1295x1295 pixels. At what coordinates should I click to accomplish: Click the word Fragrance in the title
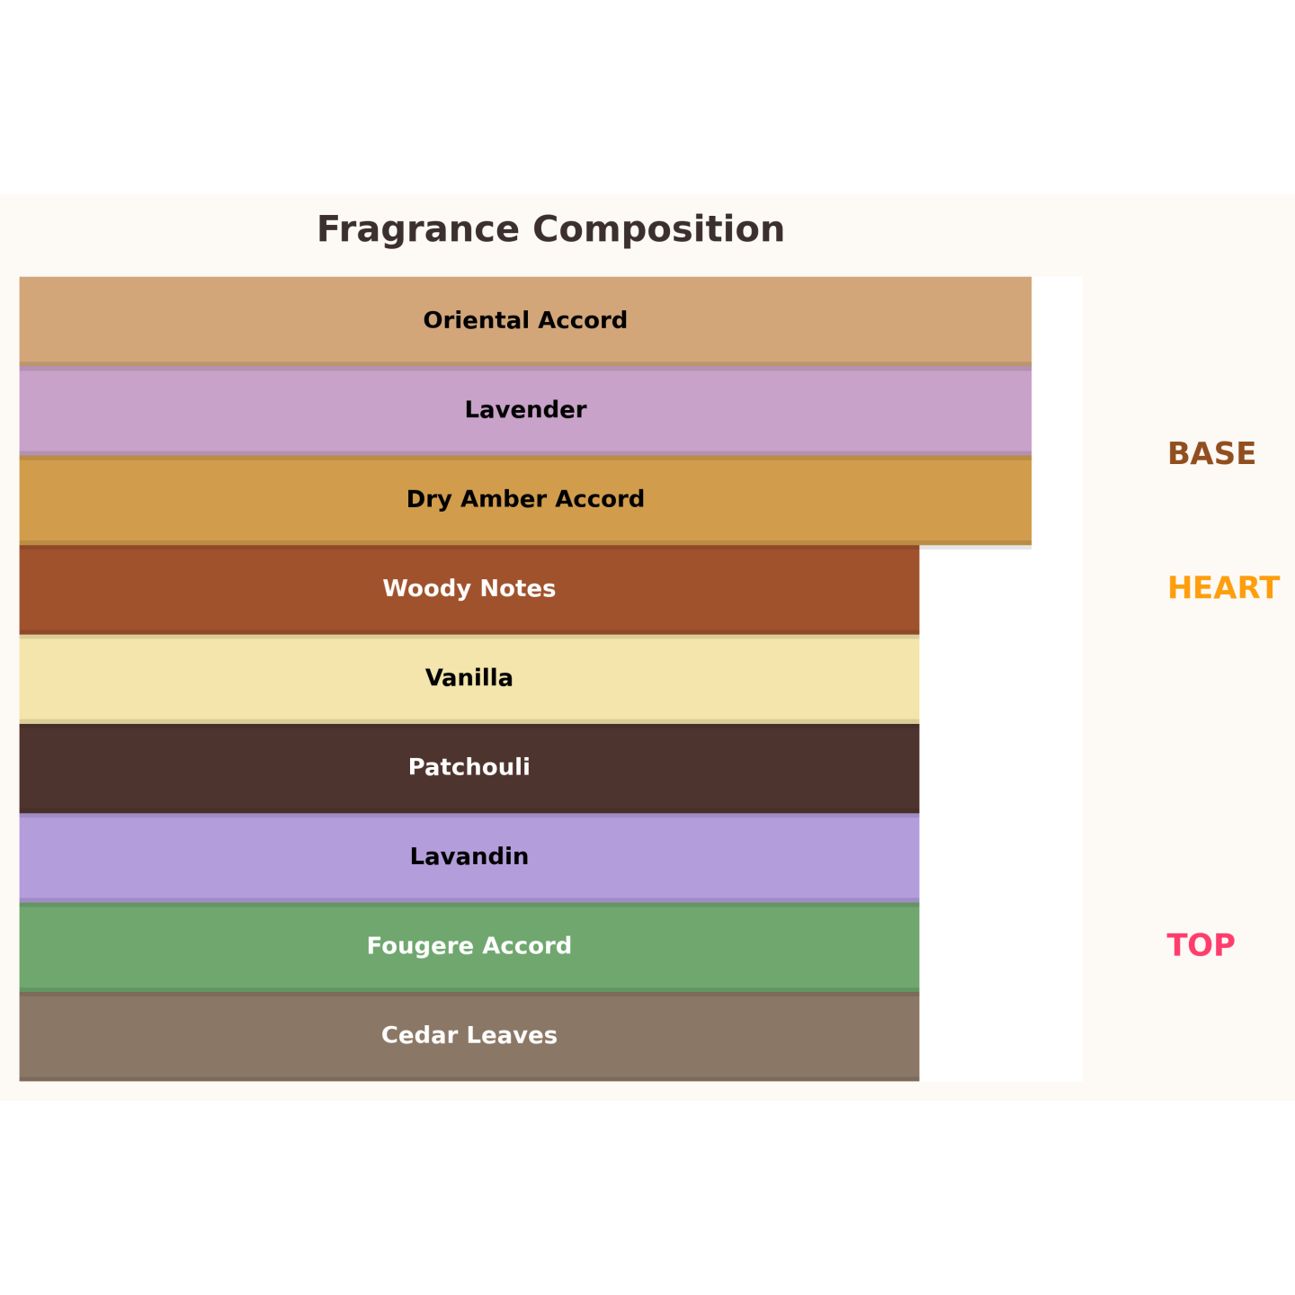418,229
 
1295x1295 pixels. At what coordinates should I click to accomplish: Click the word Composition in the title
659,229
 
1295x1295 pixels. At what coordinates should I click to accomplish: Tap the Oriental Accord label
525,321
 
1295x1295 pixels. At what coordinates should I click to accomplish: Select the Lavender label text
525,410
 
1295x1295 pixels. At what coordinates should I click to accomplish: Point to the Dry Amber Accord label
525,499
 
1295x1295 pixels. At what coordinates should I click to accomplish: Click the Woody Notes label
469,589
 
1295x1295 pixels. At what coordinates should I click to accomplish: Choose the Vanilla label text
469,678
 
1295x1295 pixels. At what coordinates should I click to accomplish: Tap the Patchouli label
469,767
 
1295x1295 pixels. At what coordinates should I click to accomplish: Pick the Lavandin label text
469,856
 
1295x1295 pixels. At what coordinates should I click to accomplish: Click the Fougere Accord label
469,946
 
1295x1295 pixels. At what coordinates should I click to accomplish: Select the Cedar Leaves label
469,1035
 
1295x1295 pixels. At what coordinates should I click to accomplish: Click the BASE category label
1211,454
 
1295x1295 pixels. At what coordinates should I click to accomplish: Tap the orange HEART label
1223,588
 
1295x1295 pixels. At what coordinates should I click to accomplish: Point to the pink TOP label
1201,945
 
